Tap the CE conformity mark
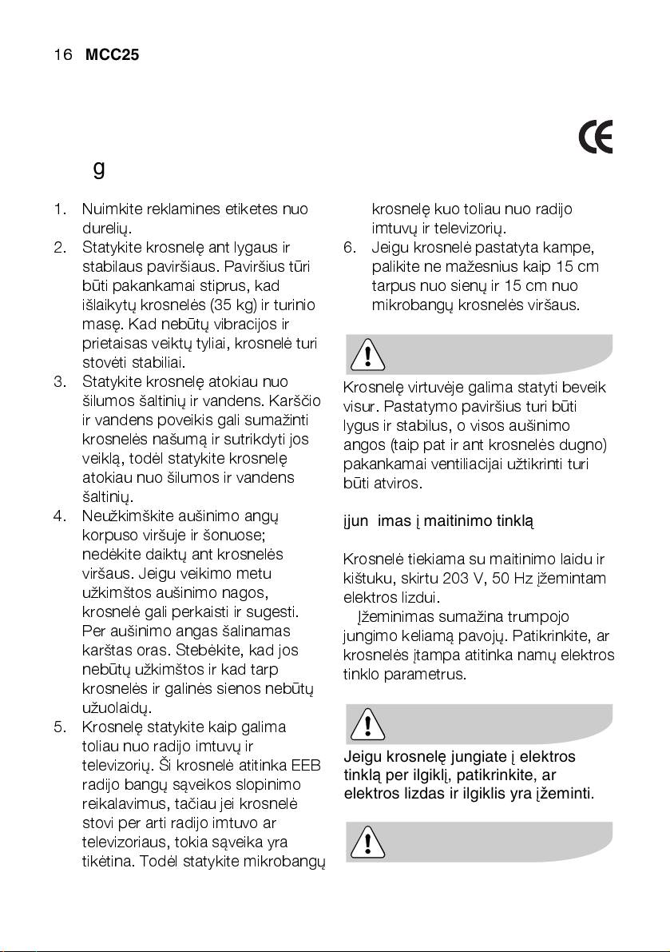click(x=596, y=139)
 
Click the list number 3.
click(x=59, y=381)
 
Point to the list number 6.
click(x=350, y=247)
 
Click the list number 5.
click(x=59, y=727)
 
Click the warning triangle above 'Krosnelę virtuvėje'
click(x=367, y=353)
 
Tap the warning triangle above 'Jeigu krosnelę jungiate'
click(x=367, y=723)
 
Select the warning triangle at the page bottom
click(x=367, y=840)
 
